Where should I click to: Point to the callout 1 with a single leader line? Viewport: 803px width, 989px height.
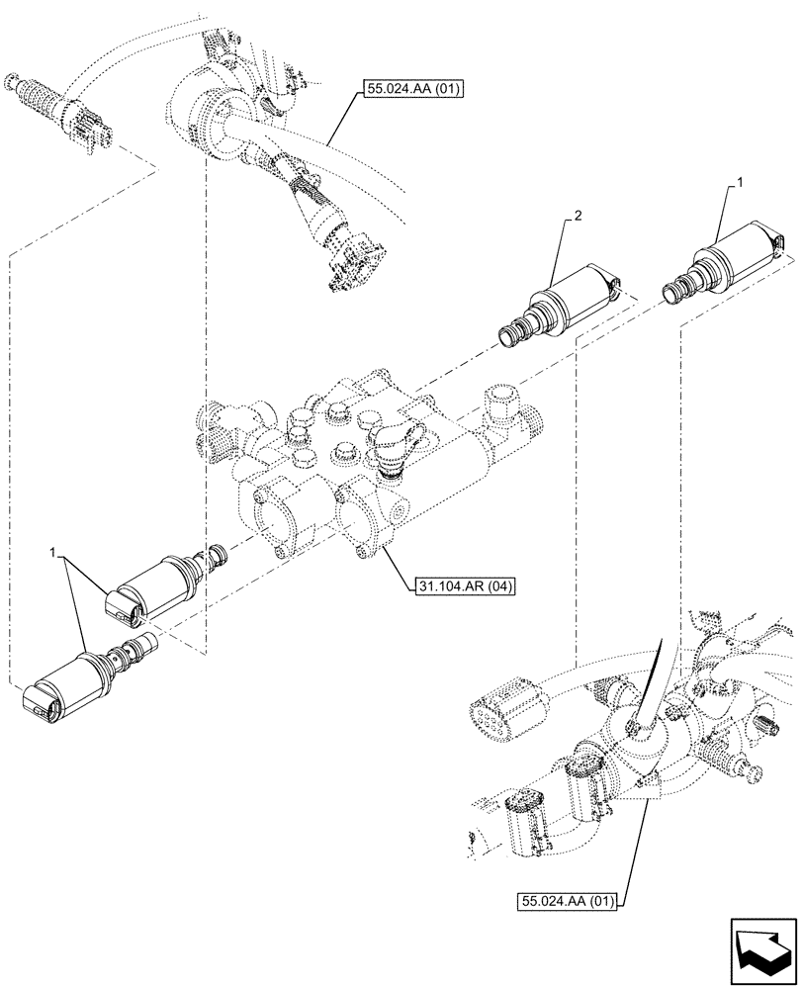[739, 184]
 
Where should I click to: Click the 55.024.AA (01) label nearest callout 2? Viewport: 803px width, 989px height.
[407, 90]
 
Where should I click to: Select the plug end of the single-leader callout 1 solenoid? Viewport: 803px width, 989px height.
[779, 241]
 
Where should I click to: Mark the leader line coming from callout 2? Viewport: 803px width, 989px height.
[558, 252]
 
